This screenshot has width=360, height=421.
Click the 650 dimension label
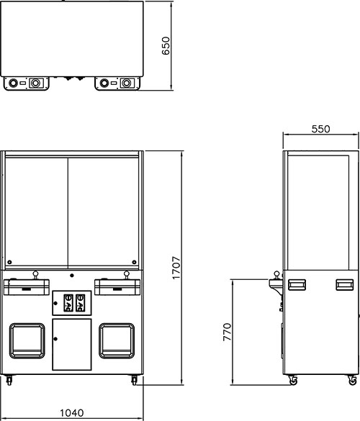coord(166,46)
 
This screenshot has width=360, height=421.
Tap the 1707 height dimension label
coord(176,268)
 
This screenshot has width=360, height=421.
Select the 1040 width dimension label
coord(72,412)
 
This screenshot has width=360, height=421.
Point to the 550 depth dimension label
coord(320,129)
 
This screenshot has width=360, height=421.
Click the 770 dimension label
coord(227,332)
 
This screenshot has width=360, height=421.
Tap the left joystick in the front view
coord(35,275)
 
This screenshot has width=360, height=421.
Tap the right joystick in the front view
coord(126,275)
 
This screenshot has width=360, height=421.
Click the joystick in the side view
coord(276,276)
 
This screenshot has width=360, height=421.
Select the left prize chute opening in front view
coord(27,341)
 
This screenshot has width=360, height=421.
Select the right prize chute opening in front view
coord(117,341)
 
